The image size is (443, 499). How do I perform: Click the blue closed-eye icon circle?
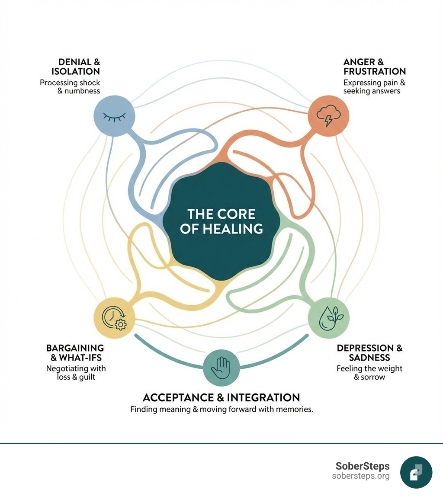[114, 116]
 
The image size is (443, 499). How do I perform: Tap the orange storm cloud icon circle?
[328, 116]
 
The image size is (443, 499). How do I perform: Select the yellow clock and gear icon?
[114, 318]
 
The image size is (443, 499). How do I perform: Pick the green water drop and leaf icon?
[328, 318]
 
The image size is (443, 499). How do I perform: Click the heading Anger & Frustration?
[374, 66]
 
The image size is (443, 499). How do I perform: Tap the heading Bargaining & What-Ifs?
[75, 353]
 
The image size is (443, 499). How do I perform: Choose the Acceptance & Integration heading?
[221, 397]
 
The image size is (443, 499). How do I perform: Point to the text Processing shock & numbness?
[70, 86]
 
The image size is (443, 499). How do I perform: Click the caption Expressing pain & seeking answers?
[374, 86]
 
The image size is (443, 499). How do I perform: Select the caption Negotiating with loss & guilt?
[76, 373]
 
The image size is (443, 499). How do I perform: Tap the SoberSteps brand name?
[363, 466]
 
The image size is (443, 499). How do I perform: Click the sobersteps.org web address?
[361, 476]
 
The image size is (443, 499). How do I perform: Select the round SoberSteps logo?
[416, 472]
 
